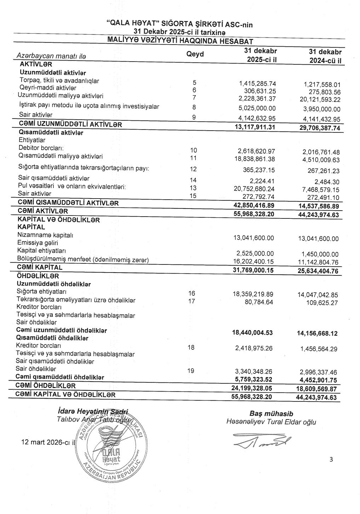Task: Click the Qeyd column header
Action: (x=195, y=54)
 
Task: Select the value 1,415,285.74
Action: (x=257, y=84)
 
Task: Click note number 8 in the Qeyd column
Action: (x=194, y=107)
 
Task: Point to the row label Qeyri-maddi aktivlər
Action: (x=48, y=88)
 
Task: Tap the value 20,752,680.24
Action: (x=254, y=189)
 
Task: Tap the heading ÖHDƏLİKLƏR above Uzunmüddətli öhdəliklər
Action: (x=38, y=276)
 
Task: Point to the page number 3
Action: (x=331, y=460)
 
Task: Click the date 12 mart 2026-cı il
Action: (x=48, y=442)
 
